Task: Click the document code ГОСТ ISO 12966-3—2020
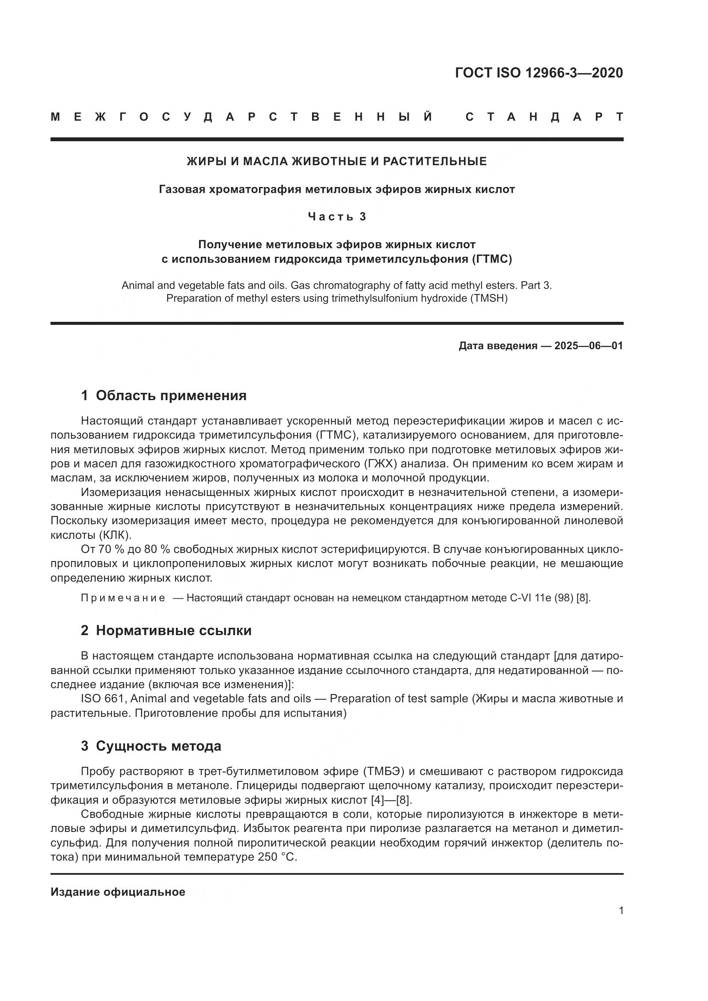coord(539,72)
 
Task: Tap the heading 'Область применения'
coord(171,395)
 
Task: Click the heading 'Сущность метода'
coord(158,746)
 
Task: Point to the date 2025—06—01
coord(588,346)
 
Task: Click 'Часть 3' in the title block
coord(337,217)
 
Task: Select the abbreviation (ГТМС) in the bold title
coord(491,259)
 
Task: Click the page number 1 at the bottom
coord(621,911)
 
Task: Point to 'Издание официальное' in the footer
coord(118,892)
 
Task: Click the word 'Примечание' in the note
coord(123,598)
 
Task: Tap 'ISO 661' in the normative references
coord(103,699)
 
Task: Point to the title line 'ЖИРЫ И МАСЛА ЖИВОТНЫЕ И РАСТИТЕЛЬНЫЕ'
coord(336,162)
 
